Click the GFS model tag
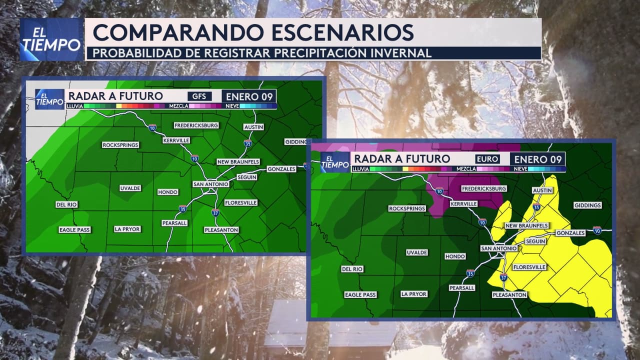(x=199, y=96)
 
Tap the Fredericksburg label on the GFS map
(x=196, y=125)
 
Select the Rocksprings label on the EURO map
(x=407, y=208)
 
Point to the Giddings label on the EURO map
(x=587, y=205)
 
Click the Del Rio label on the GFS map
(x=66, y=204)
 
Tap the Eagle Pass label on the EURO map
(x=360, y=295)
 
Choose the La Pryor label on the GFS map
(x=127, y=229)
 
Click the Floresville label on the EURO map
(x=529, y=267)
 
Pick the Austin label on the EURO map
(x=542, y=190)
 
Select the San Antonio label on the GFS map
(x=211, y=184)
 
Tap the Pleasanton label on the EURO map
(x=509, y=295)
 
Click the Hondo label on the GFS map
(x=167, y=192)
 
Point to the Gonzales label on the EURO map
(x=570, y=233)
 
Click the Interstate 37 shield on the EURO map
(x=503, y=277)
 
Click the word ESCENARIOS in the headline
(x=342, y=32)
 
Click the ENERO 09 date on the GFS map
(x=249, y=96)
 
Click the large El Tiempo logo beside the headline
(x=51, y=39)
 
